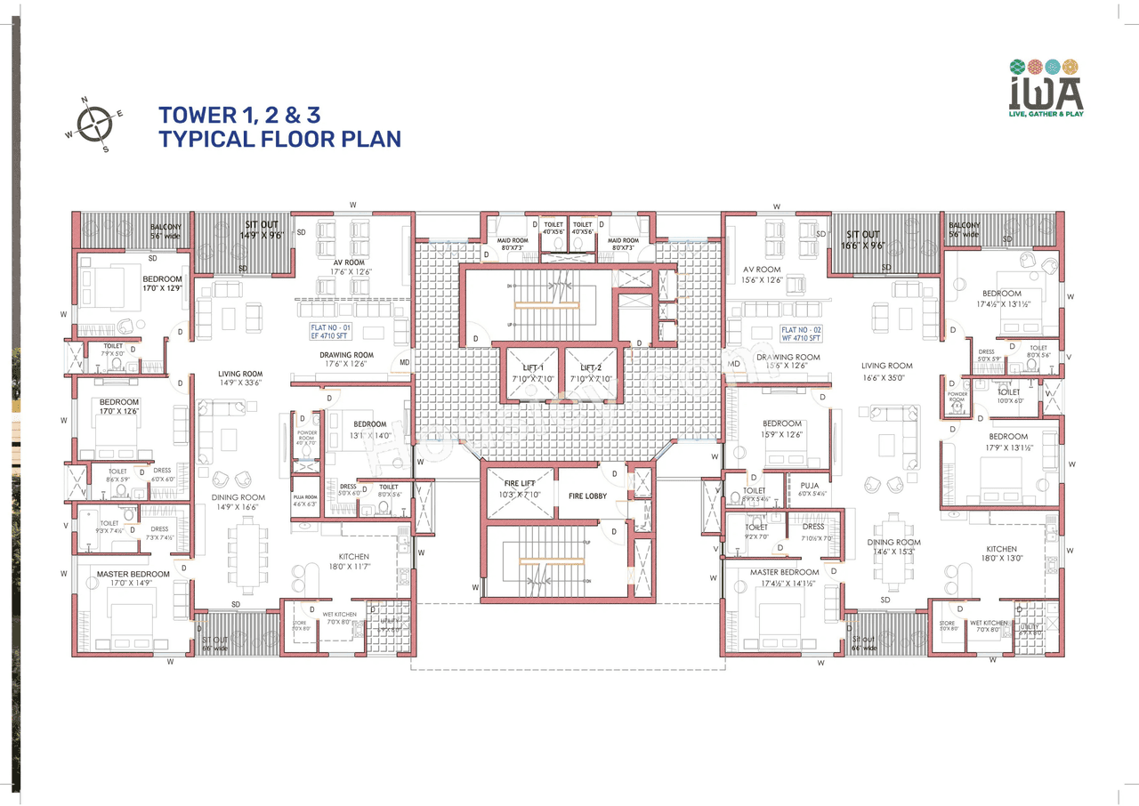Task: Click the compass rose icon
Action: tap(93, 124)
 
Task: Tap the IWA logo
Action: tap(1046, 89)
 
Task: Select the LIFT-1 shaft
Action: tap(531, 373)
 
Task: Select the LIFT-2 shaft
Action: tap(592, 373)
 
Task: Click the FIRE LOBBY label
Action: tap(587, 496)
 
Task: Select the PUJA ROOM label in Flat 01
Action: tap(304, 497)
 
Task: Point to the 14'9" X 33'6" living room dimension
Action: tap(240, 383)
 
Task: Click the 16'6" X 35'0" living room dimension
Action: tap(886, 377)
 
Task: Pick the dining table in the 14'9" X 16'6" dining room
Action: tap(246, 555)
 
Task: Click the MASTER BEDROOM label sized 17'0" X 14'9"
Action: tap(133, 575)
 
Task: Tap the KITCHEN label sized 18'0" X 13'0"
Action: tap(1001, 549)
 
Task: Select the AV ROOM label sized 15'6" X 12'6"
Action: tap(762, 270)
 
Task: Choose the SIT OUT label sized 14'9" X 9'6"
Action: tap(263, 225)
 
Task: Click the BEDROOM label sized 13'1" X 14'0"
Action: tap(369, 424)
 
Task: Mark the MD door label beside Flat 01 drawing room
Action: tap(404, 363)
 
